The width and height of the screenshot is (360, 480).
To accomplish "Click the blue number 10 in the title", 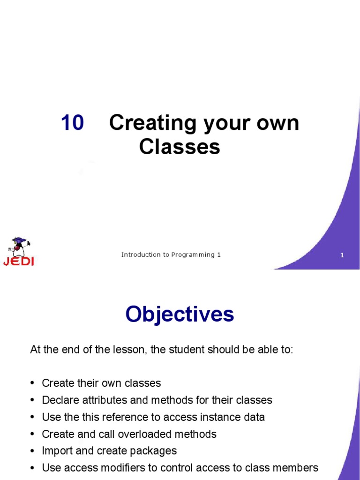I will pyautogui.click(x=73, y=123).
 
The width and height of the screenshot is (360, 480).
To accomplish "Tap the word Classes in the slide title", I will pyautogui.click(x=180, y=147).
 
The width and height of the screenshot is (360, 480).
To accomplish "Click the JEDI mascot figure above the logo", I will pyautogui.click(x=19, y=247).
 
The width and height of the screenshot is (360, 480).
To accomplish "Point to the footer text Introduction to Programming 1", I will pyautogui.click(x=171, y=255).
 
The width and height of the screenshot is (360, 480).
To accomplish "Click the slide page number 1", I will pyautogui.click(x=342, y=255).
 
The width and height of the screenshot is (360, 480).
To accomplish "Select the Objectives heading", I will pyautogui.click(x=180, y=315).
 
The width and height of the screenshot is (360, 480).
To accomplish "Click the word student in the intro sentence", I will pyautogui.click(x=195, y=350).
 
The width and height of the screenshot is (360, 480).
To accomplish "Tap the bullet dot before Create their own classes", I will pyautogui.click(x=32, y=383).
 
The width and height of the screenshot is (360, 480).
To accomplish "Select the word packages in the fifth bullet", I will pyautogui.click(x=154, y=450).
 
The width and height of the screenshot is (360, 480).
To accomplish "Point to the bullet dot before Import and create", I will pyautogui.click(x=32, y=450).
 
